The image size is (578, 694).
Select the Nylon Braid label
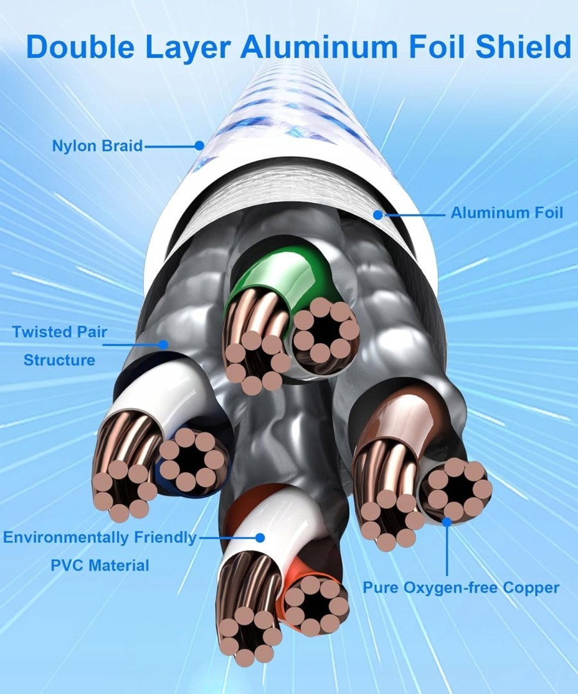pos(97,146)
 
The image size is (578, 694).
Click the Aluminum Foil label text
pos(506,213)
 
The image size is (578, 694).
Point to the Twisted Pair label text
pos(59,333)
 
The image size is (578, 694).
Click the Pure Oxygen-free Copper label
pos(460,587)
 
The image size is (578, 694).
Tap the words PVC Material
pos(100,565)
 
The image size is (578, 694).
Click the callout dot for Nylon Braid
pos(200,146)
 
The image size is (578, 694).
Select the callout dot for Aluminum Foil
pos(379,214)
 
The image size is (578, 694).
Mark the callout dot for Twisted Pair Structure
pos(163,344)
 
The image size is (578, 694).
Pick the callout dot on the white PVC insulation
pos(260,537)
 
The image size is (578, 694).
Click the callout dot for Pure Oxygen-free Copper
pos(446,522)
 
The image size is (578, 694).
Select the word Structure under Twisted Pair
pos(59,360)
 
